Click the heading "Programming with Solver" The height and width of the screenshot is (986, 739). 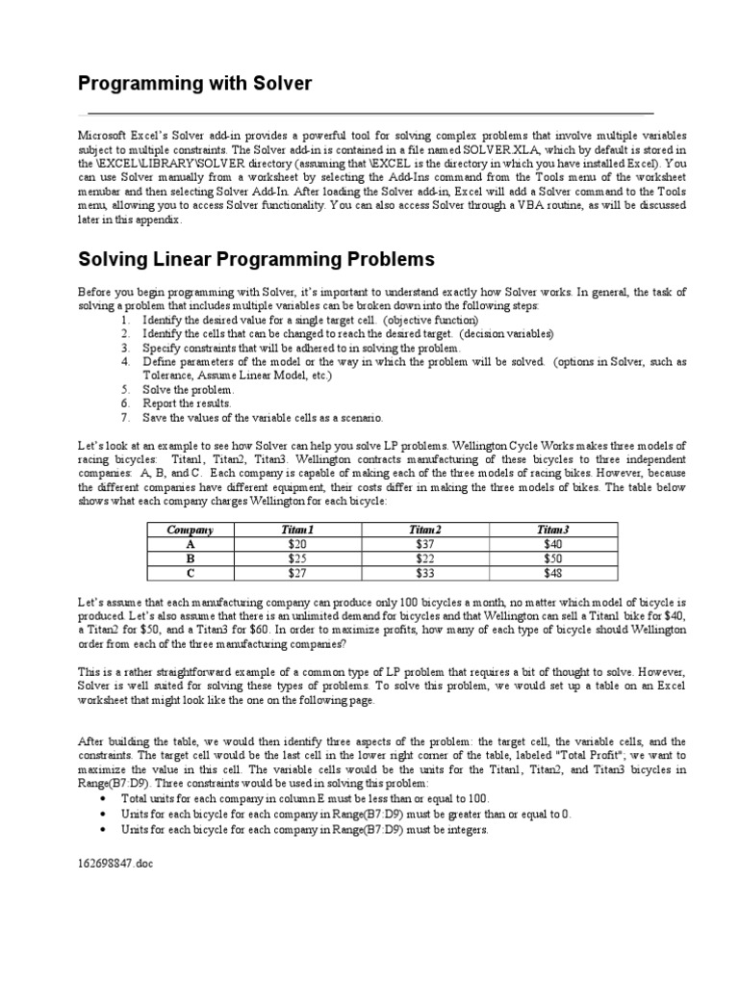click(194, 84)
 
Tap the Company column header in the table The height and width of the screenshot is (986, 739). click(190, 530)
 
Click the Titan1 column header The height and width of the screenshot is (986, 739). click(297, 530)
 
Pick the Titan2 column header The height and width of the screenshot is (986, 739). click(424, 530)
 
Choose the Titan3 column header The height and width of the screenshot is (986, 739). click(552, 530)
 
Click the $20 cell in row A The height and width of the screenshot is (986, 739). click(297, 543)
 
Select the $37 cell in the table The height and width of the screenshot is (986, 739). click(424, 543)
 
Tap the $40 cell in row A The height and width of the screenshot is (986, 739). click(552, 543)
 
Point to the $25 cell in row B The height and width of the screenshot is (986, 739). click(297, 558)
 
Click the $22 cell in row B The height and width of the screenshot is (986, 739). click(424, 558)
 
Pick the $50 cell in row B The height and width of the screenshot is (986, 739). click(552, 558)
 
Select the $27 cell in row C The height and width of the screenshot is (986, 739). click(297, 572)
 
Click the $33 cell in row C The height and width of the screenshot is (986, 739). click(424, 572)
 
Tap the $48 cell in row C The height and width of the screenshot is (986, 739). click(552, 572)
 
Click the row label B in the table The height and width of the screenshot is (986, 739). click(190, 558)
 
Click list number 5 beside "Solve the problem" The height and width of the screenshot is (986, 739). click(125, 390)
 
